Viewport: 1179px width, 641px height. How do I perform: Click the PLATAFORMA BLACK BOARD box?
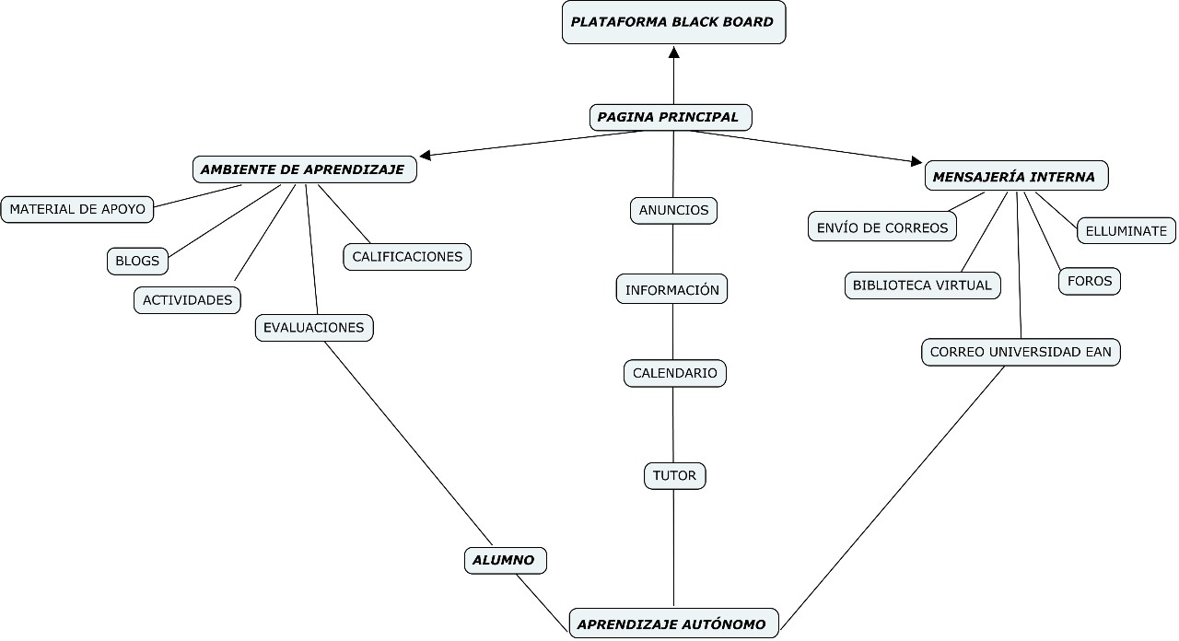[x=673, y=22]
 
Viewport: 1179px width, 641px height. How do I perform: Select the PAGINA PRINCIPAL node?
[x=670, y=117]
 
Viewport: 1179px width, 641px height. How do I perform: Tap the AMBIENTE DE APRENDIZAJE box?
[x=304, y=169]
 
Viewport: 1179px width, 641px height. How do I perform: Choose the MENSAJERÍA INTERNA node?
[x=1015, y=177]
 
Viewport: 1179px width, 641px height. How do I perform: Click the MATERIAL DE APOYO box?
[x=77, y=209]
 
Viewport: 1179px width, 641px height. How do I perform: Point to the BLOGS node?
[x=137, y=261]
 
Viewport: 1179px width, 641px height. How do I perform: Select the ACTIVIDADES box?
[x=188, y=300]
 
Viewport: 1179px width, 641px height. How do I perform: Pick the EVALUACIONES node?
[x=314, y=327]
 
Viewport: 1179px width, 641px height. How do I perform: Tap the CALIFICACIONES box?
[x=407, y=256]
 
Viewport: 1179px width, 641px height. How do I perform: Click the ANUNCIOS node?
[x=674, y=210]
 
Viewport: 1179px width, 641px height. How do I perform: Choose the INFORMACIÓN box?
[x=672, y=289]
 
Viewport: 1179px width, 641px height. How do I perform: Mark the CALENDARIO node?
[x=675, y=373]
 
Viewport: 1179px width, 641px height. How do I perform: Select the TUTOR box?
[x=674, y=476]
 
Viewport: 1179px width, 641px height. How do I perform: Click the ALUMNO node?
[x=504, y=560]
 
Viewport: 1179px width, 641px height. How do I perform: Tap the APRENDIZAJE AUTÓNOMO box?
[x=673, y=624]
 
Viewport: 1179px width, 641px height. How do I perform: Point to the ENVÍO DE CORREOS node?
[x=882, y=227]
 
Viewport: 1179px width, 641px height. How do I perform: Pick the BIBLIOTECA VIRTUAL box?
[x=922, y=286]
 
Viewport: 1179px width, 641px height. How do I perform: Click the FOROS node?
[x=1090, y=281]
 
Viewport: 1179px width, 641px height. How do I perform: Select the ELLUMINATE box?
[x=1126, y=231]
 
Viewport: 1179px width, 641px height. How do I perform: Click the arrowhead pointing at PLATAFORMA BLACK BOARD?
[x=673, y=52]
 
